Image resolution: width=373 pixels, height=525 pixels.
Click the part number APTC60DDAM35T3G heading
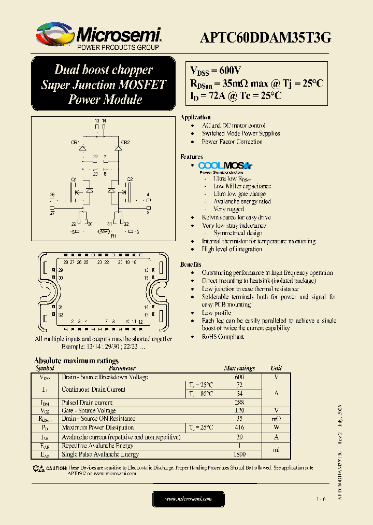coord(265,37)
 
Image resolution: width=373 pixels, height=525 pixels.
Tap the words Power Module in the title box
coord(105,99)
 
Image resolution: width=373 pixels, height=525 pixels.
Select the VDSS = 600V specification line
coord(216,71)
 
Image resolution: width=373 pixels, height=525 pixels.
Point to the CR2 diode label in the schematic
coord(125,142)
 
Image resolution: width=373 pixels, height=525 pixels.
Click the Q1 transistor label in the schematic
coord(74,179)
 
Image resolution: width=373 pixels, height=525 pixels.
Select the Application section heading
coord(195,117)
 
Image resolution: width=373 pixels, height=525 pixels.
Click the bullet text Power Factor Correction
coord(232,142)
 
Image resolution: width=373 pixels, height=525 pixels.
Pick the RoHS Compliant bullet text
coord(223,337)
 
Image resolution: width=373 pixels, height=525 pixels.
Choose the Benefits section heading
coord(191,265)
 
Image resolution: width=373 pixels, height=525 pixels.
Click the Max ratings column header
coord(239,368)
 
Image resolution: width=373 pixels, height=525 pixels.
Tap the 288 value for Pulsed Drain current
coord(239,403)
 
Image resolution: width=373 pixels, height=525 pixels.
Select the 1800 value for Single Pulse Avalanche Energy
coord(239,454)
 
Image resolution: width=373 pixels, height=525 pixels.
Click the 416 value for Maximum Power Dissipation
coord(239,427)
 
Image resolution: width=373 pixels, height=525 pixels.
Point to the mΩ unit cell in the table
coord(277,419)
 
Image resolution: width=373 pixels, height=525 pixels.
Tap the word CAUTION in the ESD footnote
coord(56,468)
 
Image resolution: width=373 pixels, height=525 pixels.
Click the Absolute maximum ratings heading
coord(76,361)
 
